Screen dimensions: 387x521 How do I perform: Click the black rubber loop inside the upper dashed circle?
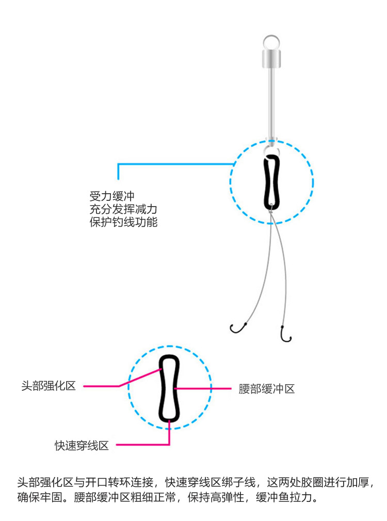point(265,183)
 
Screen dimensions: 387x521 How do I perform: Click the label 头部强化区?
point(49,386)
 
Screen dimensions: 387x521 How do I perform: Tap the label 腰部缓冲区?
point(267,389)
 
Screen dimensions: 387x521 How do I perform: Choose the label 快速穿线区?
point(82,446)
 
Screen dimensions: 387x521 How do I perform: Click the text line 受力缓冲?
point(112,196)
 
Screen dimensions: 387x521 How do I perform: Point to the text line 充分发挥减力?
point(123,209)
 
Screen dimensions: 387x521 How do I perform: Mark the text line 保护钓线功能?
point(123,222)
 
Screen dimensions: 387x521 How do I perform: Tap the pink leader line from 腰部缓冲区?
point(202,388)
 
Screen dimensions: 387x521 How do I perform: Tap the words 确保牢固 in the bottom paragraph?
point(40,497)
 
